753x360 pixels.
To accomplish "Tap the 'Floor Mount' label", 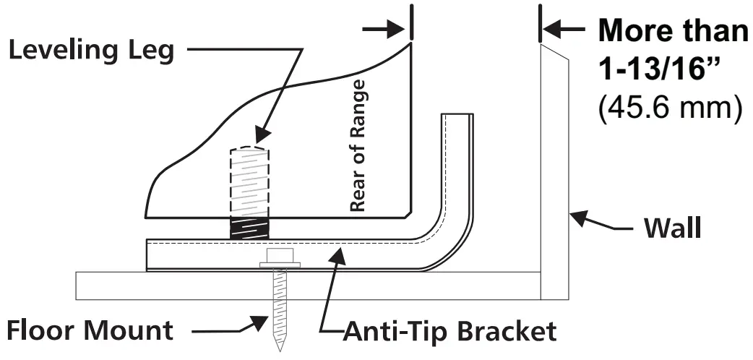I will (x=90, y=330).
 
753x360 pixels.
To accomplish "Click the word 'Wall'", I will (x=672, y=228).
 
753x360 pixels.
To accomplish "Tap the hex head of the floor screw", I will (x=277, y=256).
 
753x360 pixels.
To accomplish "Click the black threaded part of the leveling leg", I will (x=249, y=228).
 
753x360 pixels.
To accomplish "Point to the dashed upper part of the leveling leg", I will (x=250, y=181).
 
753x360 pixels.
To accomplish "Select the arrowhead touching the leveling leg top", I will (x=262, y=136).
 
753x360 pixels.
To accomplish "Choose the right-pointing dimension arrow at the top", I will (x=395, y=30).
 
